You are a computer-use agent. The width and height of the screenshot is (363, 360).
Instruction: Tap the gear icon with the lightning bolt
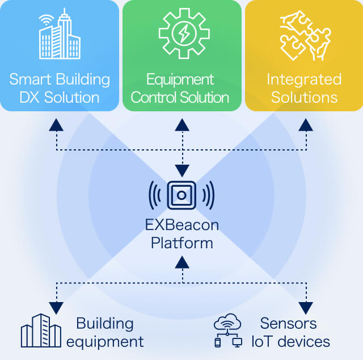(x=181, y=34)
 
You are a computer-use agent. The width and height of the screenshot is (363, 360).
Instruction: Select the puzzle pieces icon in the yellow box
(x=304, y=35)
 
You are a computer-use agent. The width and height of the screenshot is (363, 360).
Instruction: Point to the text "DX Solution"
(x=59, y=97)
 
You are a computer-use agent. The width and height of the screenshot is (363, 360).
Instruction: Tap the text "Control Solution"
(x=180, y=97)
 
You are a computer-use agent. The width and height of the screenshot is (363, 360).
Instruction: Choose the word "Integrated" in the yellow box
(x=304, y=78)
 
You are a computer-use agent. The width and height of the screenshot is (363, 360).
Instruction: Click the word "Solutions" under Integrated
(x=304, y=97)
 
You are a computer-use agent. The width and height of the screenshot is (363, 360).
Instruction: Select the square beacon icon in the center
(x=181, y=196)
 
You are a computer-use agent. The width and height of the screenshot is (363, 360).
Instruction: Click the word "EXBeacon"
(x=181, y=225)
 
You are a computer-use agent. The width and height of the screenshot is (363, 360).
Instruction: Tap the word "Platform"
(x=181, y=243)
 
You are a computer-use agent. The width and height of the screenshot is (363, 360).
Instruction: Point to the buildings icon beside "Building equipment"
(x=40, y=330)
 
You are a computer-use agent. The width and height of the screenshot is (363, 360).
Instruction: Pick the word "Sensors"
(x=288, y=324)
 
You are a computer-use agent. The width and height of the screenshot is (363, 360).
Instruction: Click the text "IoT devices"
(x=291, y=341)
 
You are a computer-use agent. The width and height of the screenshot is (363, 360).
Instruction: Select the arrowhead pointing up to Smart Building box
(x=56, y=124)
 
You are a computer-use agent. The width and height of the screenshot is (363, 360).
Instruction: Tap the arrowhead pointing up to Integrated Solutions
(x=306, y=124)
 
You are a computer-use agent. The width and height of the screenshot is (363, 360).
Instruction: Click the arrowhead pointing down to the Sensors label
(x=306, y=308)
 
